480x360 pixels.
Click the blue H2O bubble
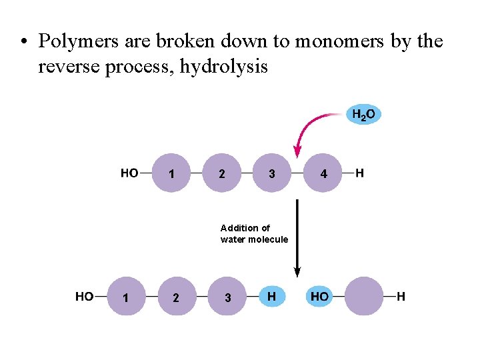click(x=363, y=115)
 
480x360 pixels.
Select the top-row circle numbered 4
click(x=323, y=173)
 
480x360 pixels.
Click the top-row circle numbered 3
click(x=271, y=173)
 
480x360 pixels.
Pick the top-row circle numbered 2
click(x=221, y=173)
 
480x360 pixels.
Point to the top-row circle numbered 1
click(x=172, y=173)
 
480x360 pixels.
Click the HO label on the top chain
click(x=129, y=173)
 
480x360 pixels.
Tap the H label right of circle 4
click(x=359, y=173)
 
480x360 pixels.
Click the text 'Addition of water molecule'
click(x=254, y=234)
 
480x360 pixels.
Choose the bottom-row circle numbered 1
click(x=125, y=297)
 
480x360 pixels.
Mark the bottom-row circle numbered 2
click(x=175, y=297)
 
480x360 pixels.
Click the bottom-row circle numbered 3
click(x=227, y=297)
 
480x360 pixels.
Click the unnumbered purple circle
click(x=364, y=297)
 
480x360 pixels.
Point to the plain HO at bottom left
click(x=84, y=297)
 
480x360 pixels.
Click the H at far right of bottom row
click(x=401, y=297)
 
